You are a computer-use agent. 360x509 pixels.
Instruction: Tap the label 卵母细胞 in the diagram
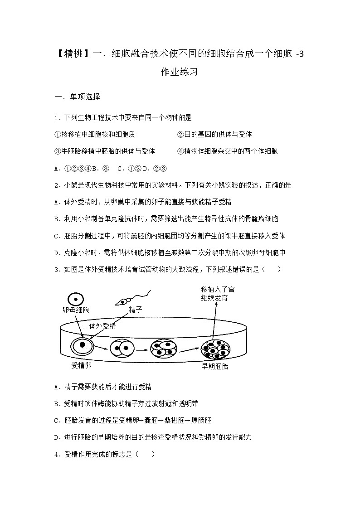click(76, 310)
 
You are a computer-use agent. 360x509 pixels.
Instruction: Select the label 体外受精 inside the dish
click(102, 326)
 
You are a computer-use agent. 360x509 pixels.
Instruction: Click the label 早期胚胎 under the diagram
click(215, 366)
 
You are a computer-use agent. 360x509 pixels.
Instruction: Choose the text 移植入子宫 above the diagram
click(218, 289)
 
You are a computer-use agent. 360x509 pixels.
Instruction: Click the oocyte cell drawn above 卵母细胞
click(76, 299)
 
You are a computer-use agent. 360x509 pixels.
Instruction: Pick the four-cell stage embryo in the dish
click(164, 349)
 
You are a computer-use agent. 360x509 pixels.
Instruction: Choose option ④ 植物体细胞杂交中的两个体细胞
click(227, 151)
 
